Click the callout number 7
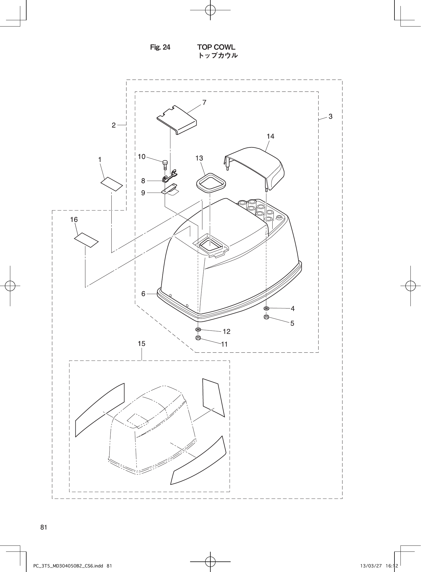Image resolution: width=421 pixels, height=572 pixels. tap(204, 102)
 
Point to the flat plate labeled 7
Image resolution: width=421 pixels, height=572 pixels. tap(177, 120)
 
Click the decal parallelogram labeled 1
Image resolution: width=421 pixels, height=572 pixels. tap(112, 184)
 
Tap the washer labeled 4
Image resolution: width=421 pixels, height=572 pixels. tap(267, 308)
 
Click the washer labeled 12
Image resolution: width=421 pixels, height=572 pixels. tap(198, 330)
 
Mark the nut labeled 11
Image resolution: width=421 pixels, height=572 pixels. tap(198, 338)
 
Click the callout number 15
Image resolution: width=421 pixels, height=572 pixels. tap(142, 344)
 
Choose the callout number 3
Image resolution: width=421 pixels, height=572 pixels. tap(331, 116)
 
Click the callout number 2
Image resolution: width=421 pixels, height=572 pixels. tap(114, 125)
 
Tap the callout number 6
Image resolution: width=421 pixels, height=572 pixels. tap(143, 294)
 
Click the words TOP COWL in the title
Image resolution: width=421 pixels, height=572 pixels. tap(216, 47)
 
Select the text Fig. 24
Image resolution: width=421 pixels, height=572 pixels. tap(160, 47)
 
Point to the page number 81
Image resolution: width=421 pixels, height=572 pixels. tap(44, 528)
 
